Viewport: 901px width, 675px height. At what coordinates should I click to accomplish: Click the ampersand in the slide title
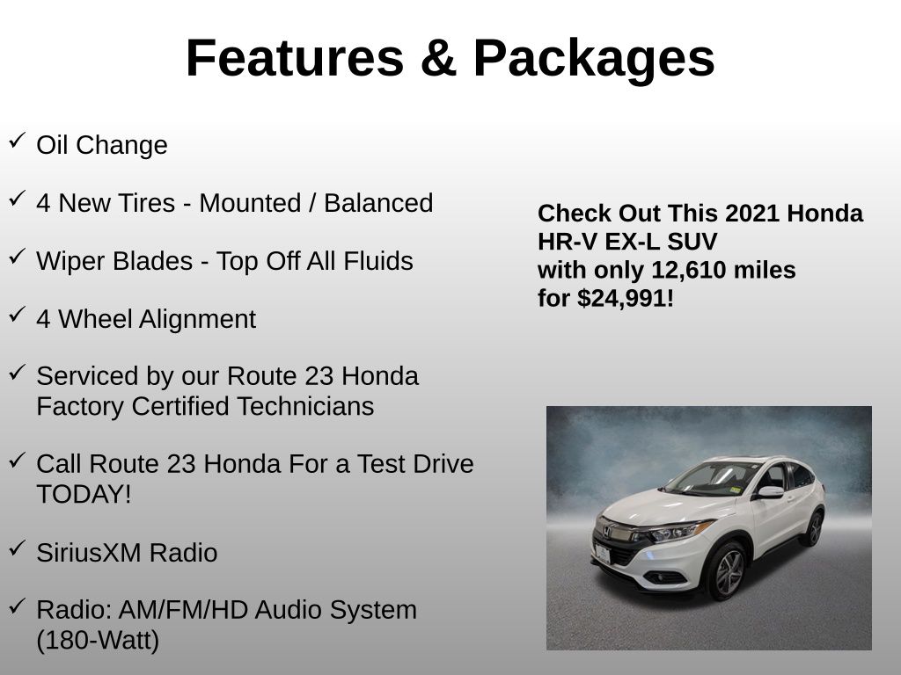click(438, 58)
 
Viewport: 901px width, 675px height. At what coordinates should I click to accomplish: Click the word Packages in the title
click(594, 59)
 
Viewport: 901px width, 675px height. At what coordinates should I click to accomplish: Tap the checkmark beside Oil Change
click(18, 140)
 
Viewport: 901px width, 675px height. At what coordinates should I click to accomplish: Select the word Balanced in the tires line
click(378, 203)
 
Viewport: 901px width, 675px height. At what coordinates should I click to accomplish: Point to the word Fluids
click(378, 261)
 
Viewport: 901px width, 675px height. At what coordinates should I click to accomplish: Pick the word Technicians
click(305, 406)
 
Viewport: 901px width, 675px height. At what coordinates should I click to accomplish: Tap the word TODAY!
click(84, 494)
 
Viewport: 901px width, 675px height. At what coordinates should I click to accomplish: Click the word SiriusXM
click(89, 553)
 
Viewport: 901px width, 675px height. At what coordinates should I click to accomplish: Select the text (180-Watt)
click(98, 641)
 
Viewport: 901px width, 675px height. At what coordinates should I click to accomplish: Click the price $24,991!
click(626, 299)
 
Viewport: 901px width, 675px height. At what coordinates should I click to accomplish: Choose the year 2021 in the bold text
click(752, 214)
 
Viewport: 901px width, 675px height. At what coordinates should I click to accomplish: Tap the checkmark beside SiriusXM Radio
click(18, 548)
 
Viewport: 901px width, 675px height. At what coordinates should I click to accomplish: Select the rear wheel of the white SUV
click(813, 529)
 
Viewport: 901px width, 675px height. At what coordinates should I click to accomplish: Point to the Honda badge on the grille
click(606, 530)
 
